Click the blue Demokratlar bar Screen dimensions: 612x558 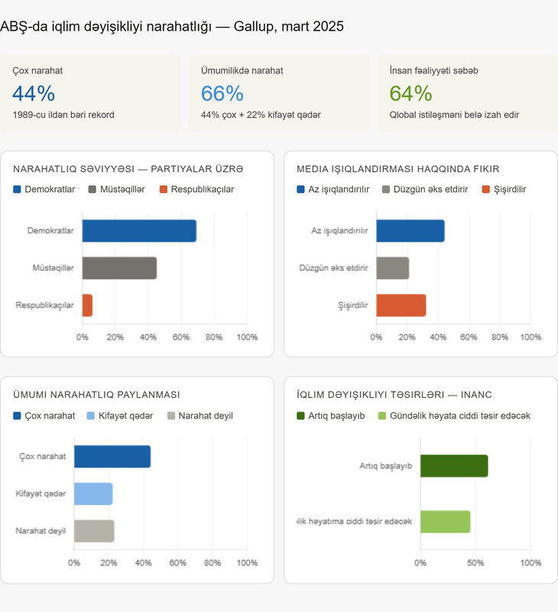(139, 231)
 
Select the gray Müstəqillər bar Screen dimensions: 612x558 (119, 269)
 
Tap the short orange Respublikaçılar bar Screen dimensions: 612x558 (87, 305)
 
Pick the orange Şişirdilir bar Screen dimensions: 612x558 (401, 305)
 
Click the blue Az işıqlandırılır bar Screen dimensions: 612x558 (410, 231)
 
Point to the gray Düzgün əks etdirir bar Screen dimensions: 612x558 (392, 269)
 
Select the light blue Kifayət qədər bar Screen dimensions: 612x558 (93, 494)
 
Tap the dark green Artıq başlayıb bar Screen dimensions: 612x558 (453, 466)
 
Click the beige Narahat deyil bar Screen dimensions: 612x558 (94, 531)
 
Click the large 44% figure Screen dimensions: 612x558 (34, 93)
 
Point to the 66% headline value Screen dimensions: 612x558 (222, 93)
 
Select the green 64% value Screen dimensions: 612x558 (410, 93)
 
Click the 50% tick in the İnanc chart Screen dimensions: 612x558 (475, 562)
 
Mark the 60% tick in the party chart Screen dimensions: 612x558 (181, 337)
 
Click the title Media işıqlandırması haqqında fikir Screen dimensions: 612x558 (397, 168)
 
